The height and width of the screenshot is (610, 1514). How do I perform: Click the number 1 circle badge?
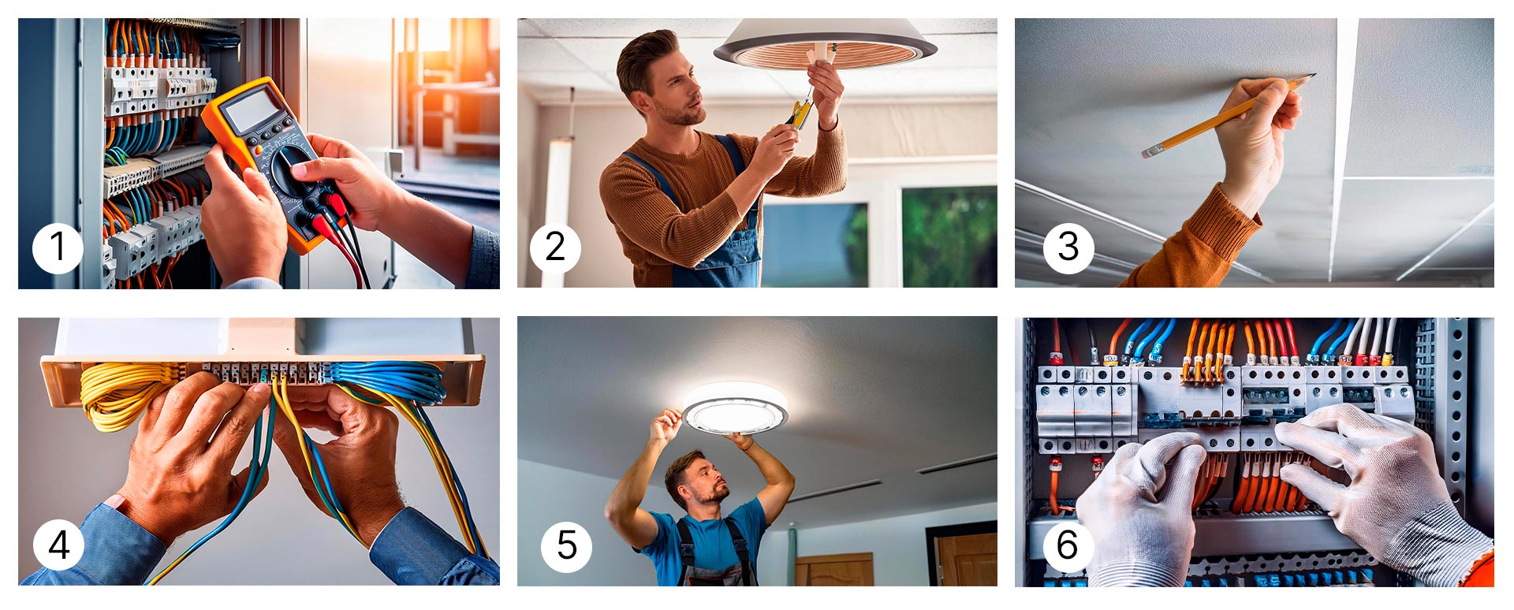tap(58, 247)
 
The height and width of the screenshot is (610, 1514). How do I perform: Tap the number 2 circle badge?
tap(555, 247)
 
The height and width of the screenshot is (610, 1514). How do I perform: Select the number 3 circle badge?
tap(1068, 247)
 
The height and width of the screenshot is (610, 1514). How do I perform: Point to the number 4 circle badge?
tap(58, 545)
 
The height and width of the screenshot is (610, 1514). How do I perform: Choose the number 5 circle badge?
tap(566, 545)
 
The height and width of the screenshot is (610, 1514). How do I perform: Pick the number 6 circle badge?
tap(1068, 545)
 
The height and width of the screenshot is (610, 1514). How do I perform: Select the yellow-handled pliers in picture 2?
tap(800, 114)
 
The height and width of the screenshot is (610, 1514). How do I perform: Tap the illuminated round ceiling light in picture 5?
tap(735, 408)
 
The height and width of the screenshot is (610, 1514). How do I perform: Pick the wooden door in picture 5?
tap(965, 560)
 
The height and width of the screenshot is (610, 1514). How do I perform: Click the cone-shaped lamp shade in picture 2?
tap(825, 43)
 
